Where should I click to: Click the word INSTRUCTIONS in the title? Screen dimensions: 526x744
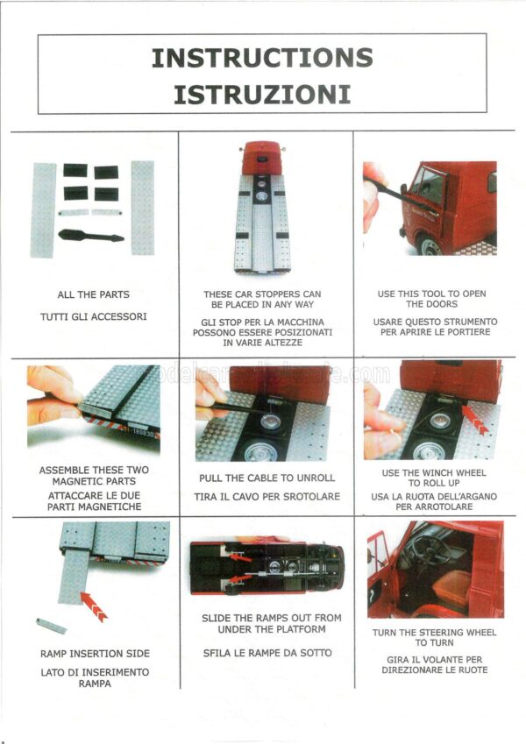pyautogui.click(x=262, y=58)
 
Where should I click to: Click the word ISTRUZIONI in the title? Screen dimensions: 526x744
pyautogui.click(x=262, y=94)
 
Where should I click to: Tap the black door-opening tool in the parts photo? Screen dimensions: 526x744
pyautogui.click(x=91, y=236)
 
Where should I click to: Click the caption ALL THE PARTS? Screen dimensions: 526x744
pyautogui.click(x=94, y=294)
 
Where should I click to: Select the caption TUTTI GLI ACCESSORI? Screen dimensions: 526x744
pyautogui.click(x=94, y=316)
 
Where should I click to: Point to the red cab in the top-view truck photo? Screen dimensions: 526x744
pyautogui.click(x=262, y=158)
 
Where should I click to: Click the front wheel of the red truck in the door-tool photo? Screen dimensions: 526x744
pyautogui.click(x=430, y=245)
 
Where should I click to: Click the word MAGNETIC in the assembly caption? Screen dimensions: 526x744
pyautogui.click(x=75, y=481)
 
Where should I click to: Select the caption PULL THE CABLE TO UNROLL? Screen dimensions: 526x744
pyautogui.click(x=267, y=478)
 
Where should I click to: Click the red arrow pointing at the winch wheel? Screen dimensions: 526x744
pyautogui.click(x=475, y=420)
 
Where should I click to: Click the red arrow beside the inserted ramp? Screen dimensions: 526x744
pyautogui.click(x=94, y=607)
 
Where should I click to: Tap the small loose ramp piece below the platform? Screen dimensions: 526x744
pyautogui.click(x=51, y=626)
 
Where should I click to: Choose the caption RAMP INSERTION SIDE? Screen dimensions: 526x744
pyautogui.click(x=95, y=654)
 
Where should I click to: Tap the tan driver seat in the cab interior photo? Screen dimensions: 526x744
pyautogui.click(x=451, y=589)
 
